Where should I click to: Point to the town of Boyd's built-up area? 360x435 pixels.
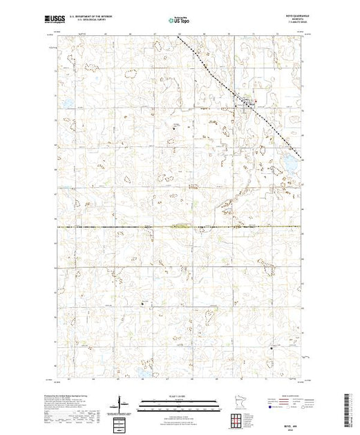pos(246,102)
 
